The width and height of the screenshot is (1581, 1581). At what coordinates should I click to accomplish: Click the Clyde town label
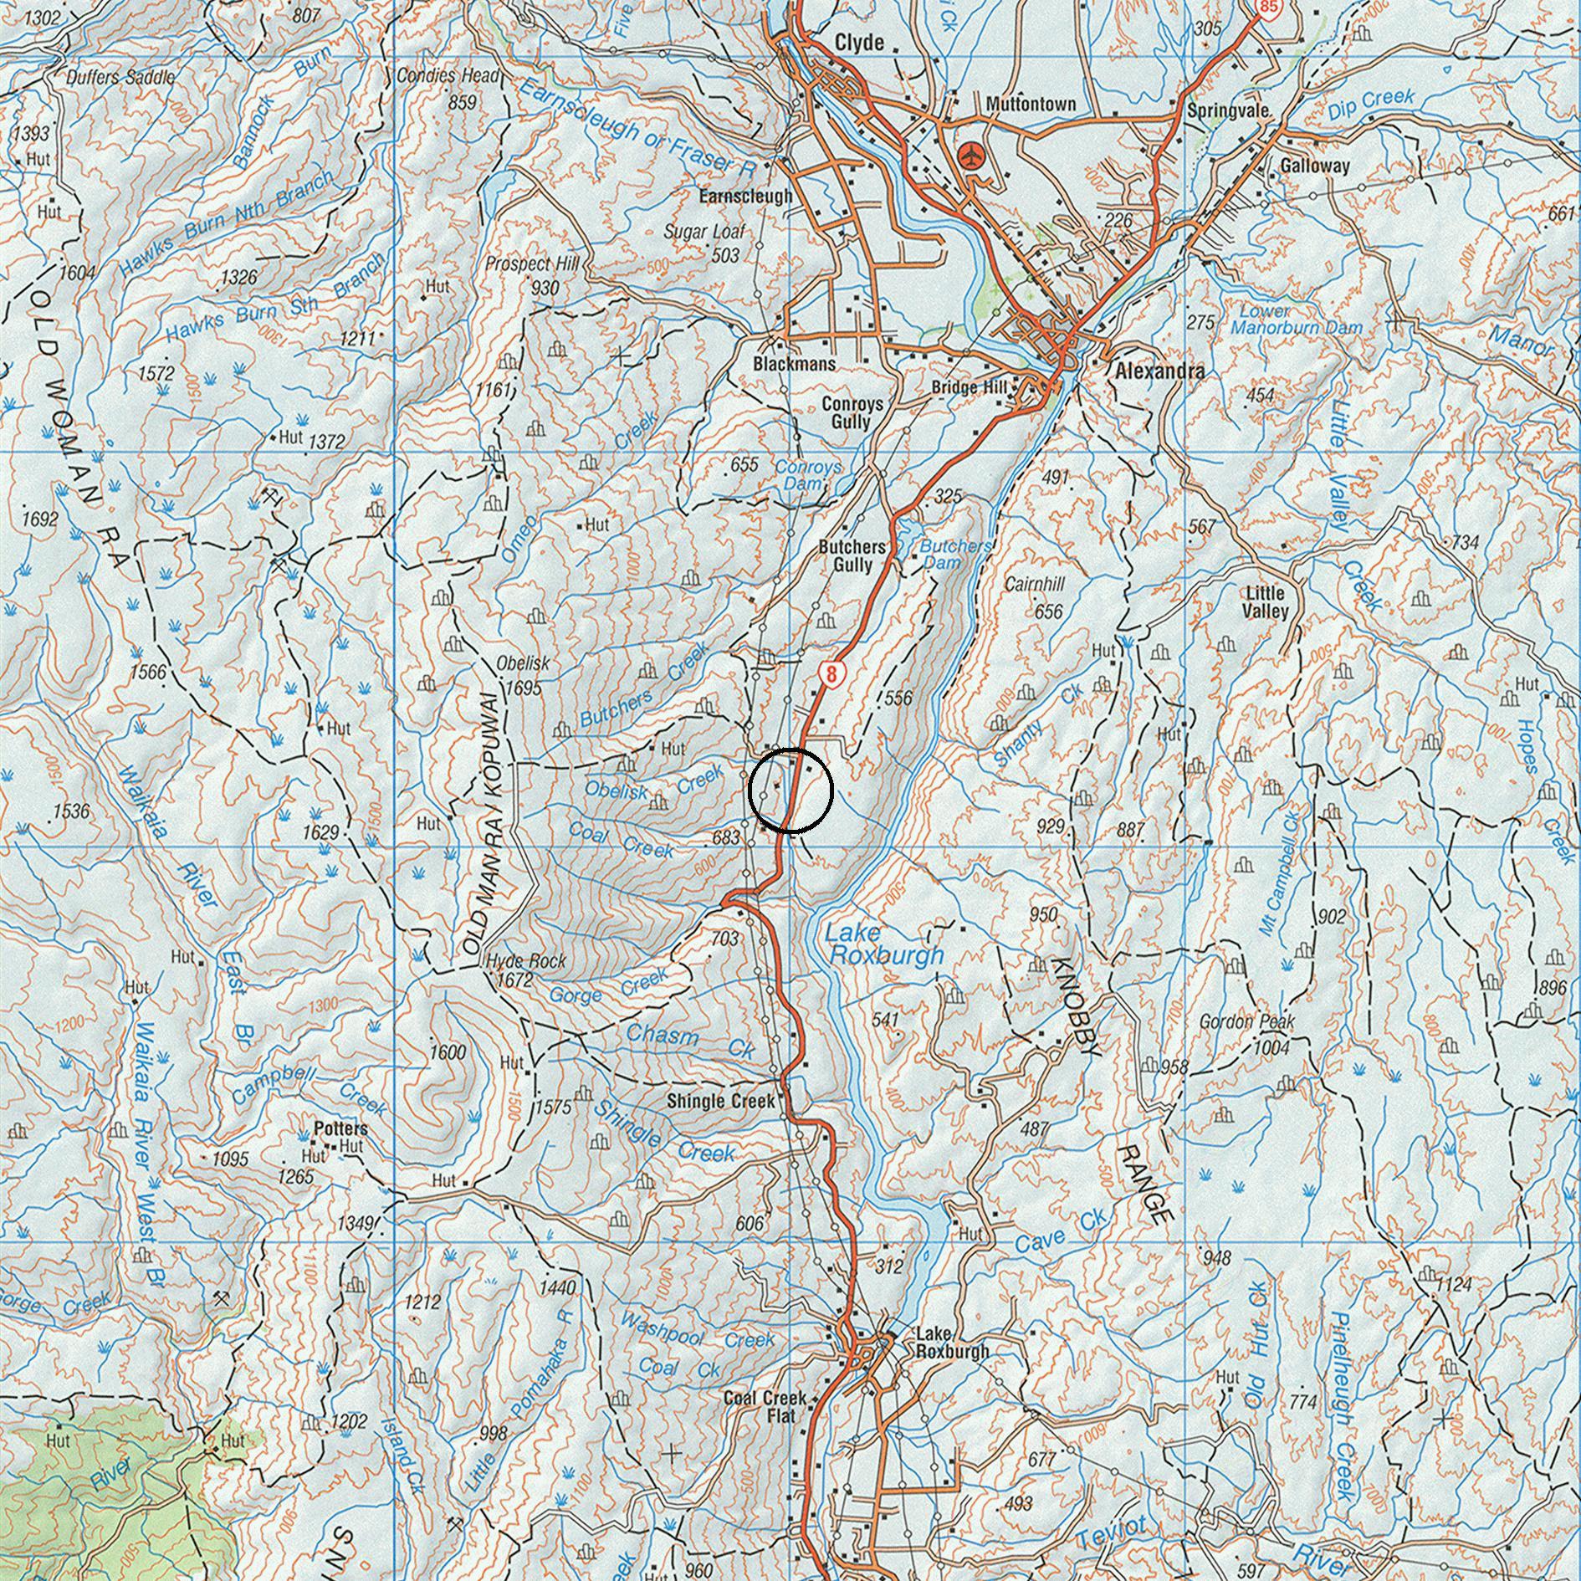tap(859, 42)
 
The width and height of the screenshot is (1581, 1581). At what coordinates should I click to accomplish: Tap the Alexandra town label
tap(1159, 371)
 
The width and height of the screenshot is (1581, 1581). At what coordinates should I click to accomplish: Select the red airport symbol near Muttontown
tap(971, 156)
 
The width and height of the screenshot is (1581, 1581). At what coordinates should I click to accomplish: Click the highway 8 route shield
tap(829, 673)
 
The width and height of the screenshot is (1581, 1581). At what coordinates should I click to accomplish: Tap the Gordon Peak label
tap(1246, 1021)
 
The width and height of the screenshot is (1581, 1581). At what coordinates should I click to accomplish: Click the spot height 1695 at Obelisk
tap(524, 688)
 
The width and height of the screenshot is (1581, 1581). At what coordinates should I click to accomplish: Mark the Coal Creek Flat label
tap(765, 1406)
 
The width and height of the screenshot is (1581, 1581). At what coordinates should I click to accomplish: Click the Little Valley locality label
tap(1265, 602)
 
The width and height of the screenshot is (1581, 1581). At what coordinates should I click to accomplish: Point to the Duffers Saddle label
tap(120, 78)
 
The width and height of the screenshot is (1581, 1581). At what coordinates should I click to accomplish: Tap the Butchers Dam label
tap(954, 555)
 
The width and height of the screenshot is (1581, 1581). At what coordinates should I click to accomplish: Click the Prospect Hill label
tap(532, 264)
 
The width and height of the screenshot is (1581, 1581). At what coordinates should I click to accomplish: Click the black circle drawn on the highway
tap(790, 790)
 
